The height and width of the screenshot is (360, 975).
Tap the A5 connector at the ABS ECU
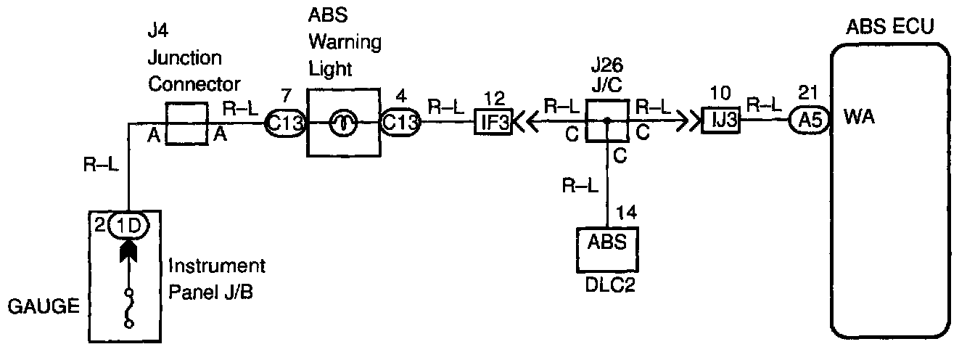806,122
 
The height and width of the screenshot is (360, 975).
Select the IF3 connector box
493,122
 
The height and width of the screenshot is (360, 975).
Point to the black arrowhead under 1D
128,250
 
